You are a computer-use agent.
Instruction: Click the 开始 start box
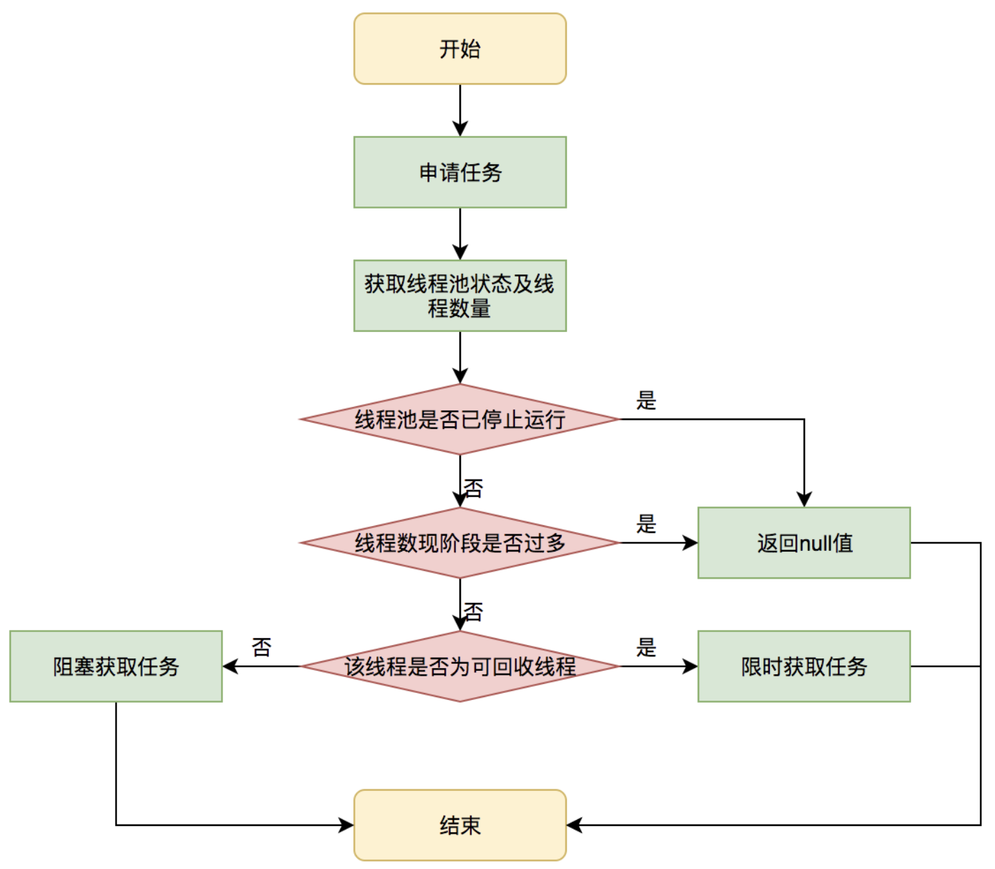point(459,49)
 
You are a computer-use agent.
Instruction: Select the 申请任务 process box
point(459,172)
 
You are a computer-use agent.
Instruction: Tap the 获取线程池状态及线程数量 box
point(459,296)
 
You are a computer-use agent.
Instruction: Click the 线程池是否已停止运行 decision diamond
point(459,419)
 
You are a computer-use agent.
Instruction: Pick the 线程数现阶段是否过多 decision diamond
point(459,543)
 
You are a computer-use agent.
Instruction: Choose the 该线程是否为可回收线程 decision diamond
point(459,666)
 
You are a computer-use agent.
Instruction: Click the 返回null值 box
point(804,543)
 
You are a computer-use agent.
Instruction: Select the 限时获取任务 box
point(804,666)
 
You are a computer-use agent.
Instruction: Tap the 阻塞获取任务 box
point(116,666)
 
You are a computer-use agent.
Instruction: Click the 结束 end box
point(459,825)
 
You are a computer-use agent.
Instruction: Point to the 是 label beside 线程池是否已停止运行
point(646,401)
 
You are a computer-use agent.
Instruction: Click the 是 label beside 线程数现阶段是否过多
point(646,524)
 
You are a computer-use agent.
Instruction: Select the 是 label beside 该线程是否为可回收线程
point(646,647)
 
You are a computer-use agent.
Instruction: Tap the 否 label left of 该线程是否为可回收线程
point(261,647)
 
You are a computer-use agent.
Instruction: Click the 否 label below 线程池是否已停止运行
point(473,489)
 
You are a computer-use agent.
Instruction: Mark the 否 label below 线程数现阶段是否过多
point(473,612)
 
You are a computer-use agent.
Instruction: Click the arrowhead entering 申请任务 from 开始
point(459,129)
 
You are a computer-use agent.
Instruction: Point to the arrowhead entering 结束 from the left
point(346,825)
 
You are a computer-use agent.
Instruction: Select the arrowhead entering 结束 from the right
point(574,825)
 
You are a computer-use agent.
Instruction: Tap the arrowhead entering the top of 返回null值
point(804,500)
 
